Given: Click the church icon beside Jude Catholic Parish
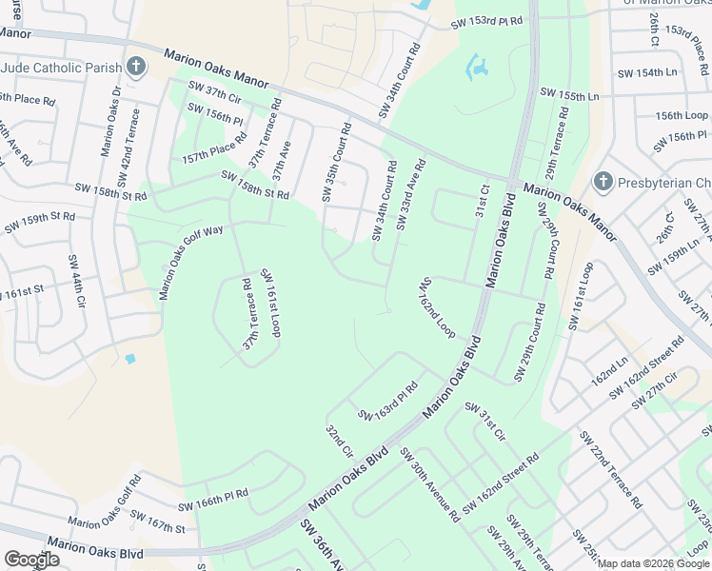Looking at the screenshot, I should pos(136,67).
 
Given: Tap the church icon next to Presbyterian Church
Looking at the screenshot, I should pos(602,182).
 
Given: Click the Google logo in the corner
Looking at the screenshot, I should pos(31,559).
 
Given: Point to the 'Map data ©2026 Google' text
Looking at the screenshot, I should pos(653,563).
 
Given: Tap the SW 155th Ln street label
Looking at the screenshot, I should pos(570,95).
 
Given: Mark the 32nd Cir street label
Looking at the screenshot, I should pos(340,440).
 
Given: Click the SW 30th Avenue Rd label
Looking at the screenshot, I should pos(430,484).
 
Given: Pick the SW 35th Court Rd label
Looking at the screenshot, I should pos(335,162).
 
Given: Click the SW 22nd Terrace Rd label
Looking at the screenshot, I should pos(615,467).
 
